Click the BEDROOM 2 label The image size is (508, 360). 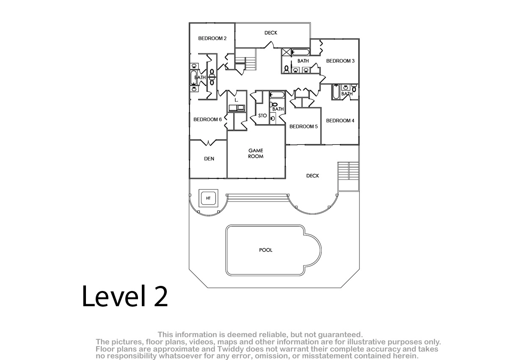click(x=212, y=39)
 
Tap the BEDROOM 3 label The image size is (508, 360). click(x=340, y=61)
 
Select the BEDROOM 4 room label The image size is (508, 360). click(x=340, y=121)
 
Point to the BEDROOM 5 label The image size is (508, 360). click(x=304, y=127)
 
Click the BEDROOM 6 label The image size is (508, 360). click(x=207, y=119)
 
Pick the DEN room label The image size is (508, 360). click(x=209, y=159)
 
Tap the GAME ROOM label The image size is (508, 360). click(x=256, y=153)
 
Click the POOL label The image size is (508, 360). click(x=265, y=250)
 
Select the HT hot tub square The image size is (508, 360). click(x=208, y=198)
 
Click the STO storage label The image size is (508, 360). click(x=262, y=116)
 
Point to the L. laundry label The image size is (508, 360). click(x=236, y=100)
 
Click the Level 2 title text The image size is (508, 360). click(x=125, y=296)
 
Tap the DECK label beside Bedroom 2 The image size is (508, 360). click(x=271, y=33)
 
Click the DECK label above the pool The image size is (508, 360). click(x=312, y=176)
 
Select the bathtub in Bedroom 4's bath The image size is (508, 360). click(x=336, y=92)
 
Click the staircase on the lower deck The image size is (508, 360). click(x=348, y=176)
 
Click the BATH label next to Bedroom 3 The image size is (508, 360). click(x=303, y=61)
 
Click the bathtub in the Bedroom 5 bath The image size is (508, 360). click(x=277, y=95)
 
